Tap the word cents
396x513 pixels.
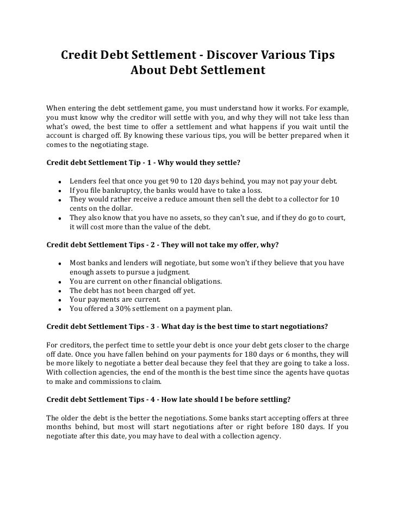pos(79,209)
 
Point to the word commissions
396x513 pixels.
pos(113,382)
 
